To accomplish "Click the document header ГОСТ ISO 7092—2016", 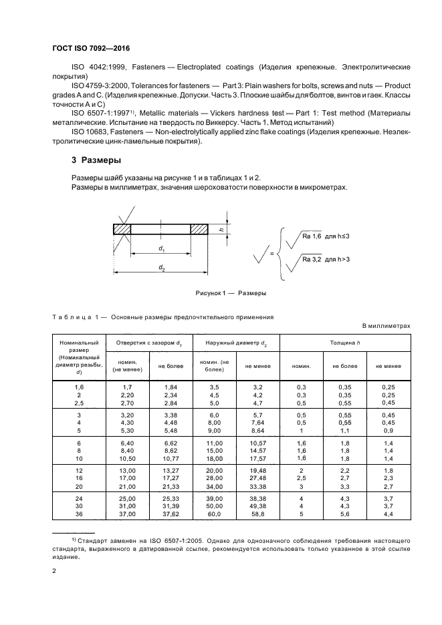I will [90, 48].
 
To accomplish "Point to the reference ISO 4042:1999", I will [97, 68].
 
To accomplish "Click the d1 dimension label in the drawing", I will [161, 249].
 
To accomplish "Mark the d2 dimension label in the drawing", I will [161, 268].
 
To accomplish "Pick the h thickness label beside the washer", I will [221, 229].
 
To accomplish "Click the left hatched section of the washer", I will [122, 229].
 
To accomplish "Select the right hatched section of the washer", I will [200, 229].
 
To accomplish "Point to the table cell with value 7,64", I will [256, 423].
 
